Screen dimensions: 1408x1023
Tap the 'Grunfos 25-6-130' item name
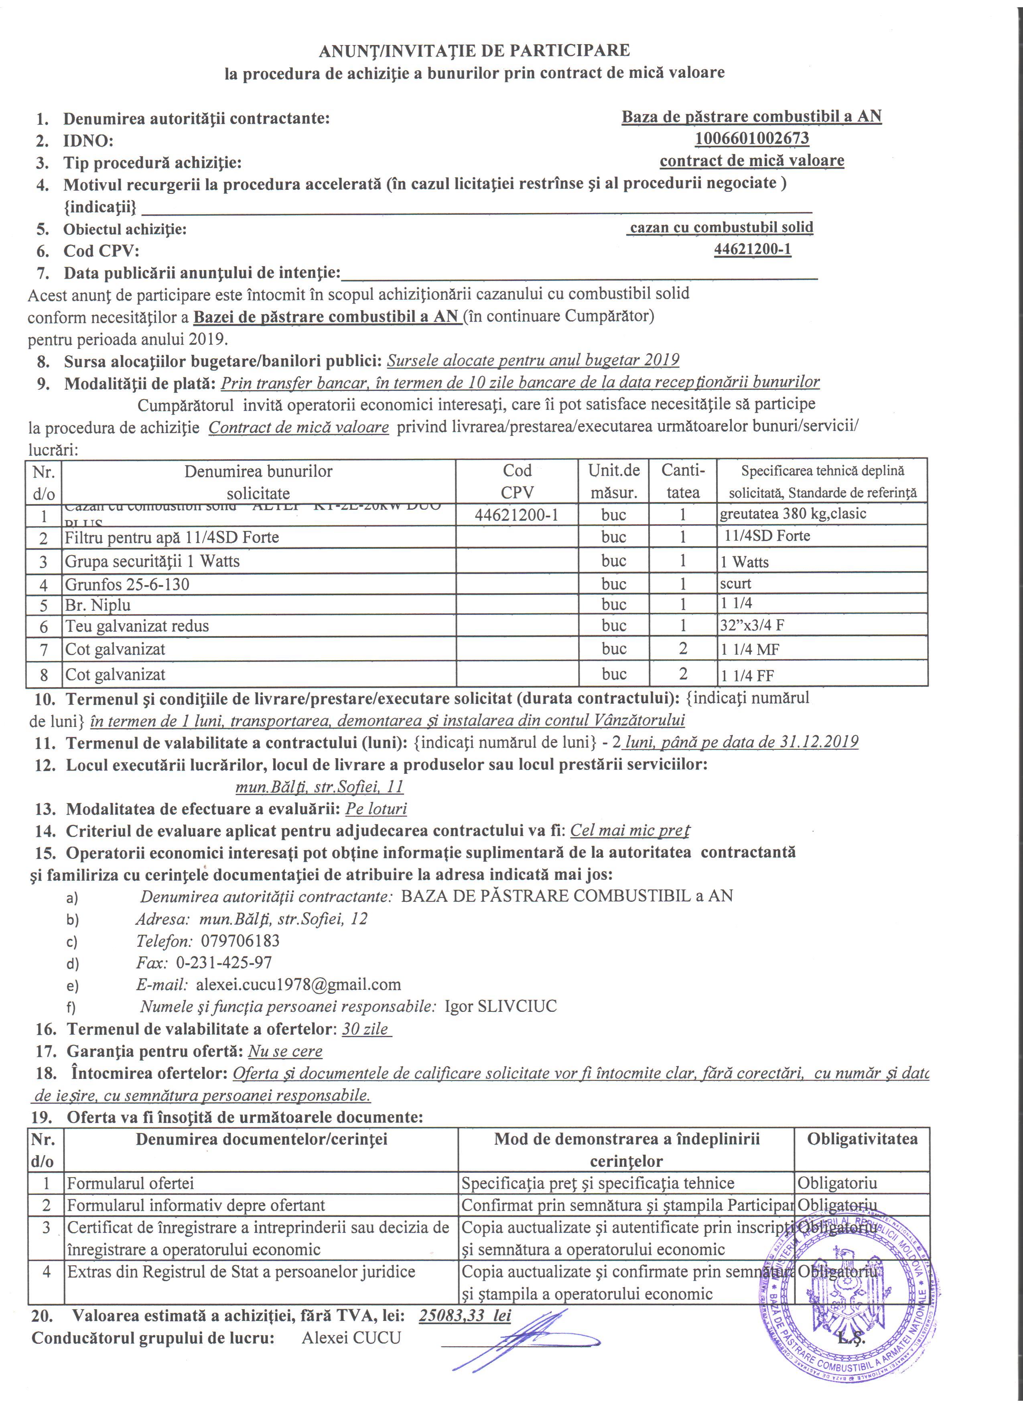pos(127,584)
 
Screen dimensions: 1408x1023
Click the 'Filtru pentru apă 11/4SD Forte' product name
pos(172,537)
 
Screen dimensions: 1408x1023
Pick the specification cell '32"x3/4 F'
pos(752,625)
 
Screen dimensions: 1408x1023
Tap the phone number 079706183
pos(240,940)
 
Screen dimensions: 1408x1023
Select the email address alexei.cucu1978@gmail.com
pos(298,984)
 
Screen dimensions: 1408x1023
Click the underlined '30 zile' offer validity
pos(365,1029)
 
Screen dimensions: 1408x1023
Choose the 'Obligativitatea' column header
pos(862,1139)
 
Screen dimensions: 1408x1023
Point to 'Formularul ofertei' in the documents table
pos(130,1183)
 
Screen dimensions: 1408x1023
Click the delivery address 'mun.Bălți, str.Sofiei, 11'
pos(319,787)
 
